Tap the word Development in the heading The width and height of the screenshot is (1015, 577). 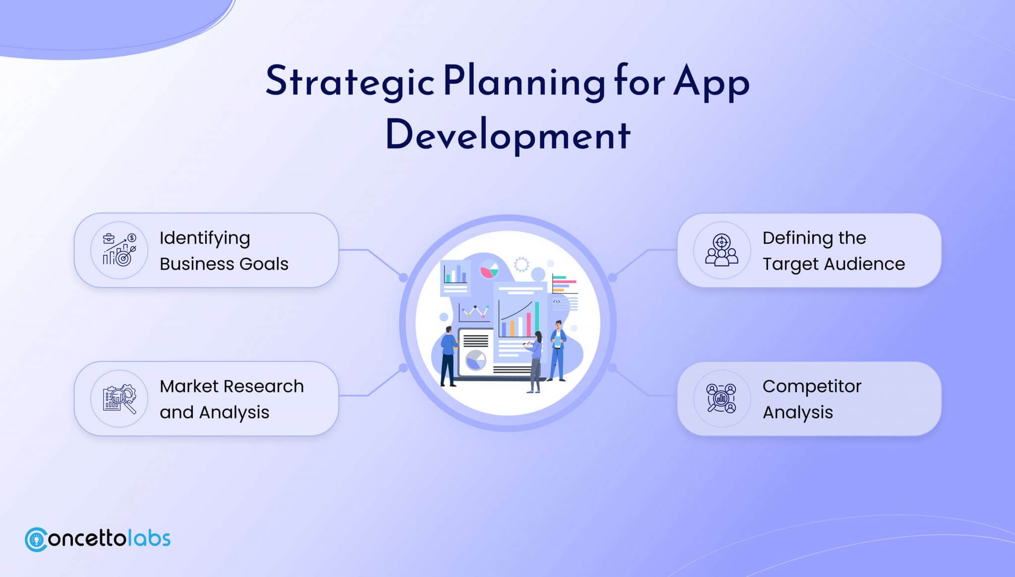[x=508, y=135]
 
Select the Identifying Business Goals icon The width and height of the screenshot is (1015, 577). [x=119, y=250]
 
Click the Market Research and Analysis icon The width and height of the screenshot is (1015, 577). [x=119, y=399]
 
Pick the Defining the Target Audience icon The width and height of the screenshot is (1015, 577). [x=722, y=250]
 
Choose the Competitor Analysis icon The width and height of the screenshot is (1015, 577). [x=722, y=399]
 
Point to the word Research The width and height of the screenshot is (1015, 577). [x=264, y=386]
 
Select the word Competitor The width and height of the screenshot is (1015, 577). [x=812, y=387]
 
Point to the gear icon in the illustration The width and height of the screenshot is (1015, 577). [x=521, y=264]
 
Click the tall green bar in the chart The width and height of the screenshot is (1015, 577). [x=537, y=319]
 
